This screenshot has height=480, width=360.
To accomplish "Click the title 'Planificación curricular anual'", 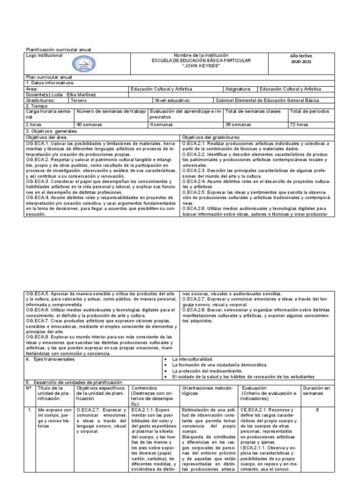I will coord(58,49).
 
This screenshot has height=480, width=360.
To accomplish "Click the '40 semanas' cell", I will coord(88,125).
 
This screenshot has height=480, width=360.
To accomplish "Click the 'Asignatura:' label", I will coord(238,88).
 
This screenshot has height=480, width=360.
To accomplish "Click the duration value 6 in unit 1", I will coord(317,410).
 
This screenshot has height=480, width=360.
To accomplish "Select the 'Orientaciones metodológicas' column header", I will coord(208,391).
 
